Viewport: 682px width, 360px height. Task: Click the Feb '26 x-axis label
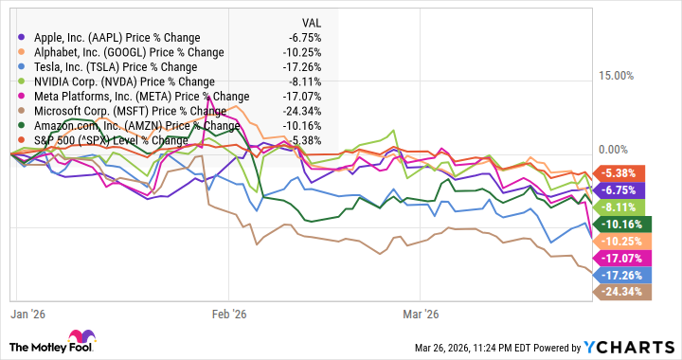tap(228, 314)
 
